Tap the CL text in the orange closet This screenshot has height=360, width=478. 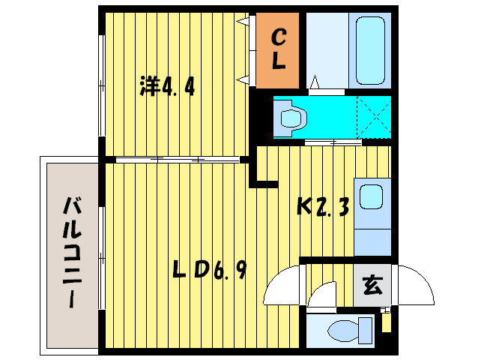pos(278,49)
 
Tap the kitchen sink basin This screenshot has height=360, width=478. pos(371,197)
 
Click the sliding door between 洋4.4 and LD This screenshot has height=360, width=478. pos(178,159)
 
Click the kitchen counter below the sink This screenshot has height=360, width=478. pos(372,236)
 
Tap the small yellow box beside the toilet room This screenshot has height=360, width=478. pos(386,322)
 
